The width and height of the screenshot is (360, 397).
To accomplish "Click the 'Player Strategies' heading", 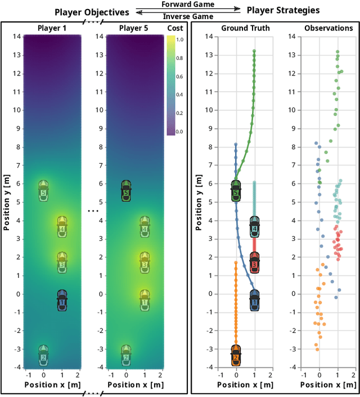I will coord(283,10).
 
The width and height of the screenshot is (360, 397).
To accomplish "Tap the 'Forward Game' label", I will coord(188,4).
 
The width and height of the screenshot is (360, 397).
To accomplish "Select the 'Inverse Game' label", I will coord(188,16).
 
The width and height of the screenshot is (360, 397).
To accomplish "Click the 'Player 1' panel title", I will coord(52,28).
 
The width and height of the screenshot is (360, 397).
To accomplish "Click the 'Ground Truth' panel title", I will coord(245,28).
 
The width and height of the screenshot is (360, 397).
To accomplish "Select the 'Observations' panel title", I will coord(328,28).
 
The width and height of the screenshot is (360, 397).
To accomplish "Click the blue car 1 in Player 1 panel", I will coord(62,300).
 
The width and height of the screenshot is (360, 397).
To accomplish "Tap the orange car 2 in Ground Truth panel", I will coord(236,355).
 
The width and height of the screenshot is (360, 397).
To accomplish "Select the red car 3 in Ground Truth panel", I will coord(254,262).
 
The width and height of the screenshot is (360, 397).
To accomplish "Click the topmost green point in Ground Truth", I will coord(254,51).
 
